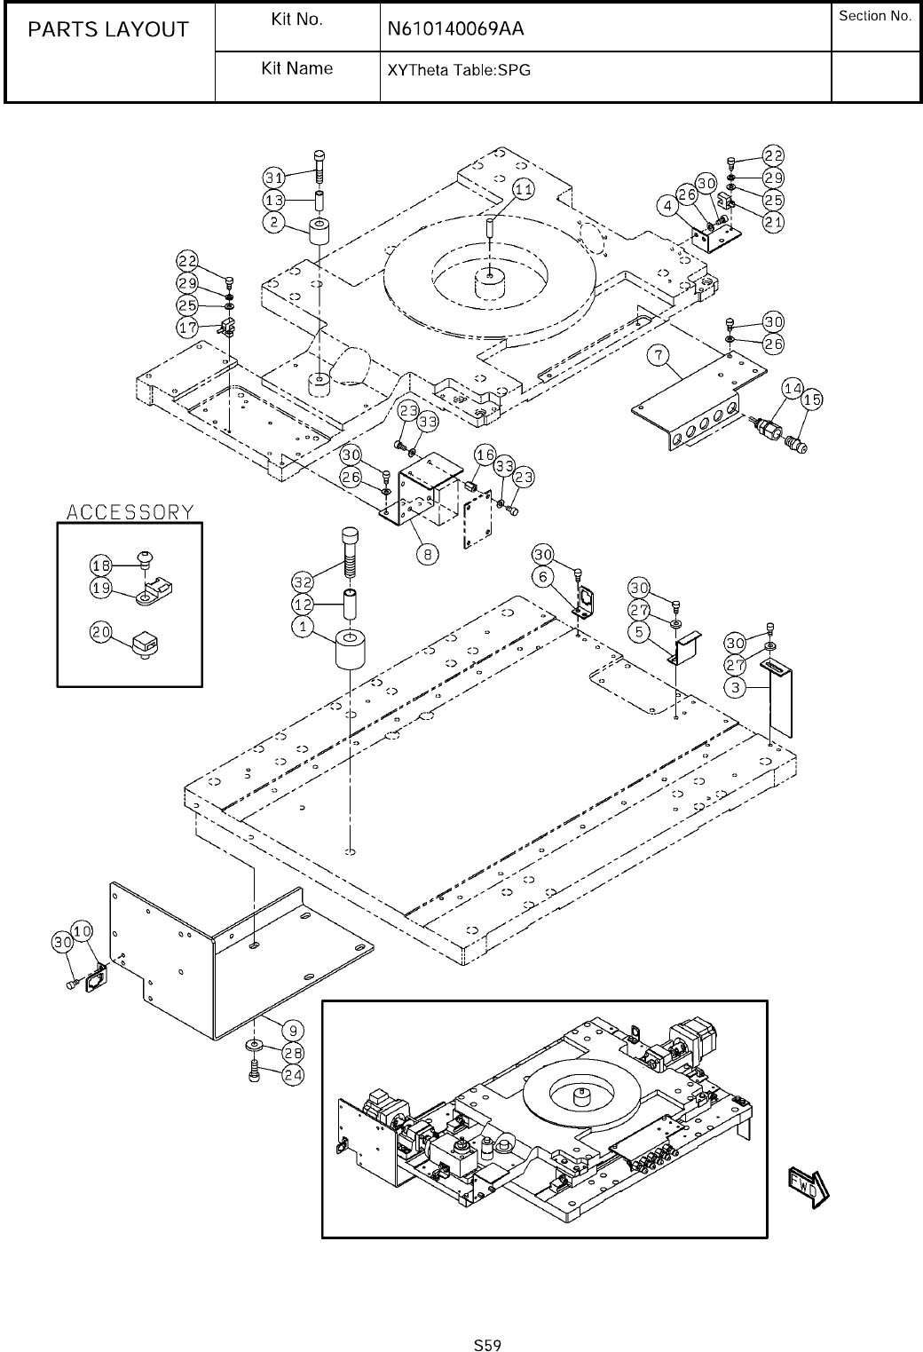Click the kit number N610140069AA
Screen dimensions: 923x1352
[455, 29]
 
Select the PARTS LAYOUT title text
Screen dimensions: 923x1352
[108, 29]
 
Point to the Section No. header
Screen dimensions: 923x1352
[875, 16]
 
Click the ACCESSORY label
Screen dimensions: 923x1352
[130, 512]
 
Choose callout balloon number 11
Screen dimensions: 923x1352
[524, 189]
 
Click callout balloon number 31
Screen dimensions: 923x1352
[274, 178]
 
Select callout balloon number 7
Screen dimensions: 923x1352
[659, 355]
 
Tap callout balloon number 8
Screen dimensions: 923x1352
[428, 554]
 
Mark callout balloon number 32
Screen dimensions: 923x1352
[303, 581]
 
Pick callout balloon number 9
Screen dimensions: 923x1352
[293, 1031]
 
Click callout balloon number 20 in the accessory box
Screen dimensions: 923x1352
[101, 632]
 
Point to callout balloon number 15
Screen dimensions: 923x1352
[813, 399]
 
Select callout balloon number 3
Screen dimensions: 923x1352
[736, 687]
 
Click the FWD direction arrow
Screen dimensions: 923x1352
[809, 1187]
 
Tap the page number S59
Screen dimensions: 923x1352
[487, 1345]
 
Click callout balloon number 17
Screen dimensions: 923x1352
[187, 328]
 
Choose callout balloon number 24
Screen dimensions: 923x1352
[293, 1075]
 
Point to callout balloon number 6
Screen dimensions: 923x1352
[543, 577]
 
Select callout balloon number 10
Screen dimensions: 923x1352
[82, 931]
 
